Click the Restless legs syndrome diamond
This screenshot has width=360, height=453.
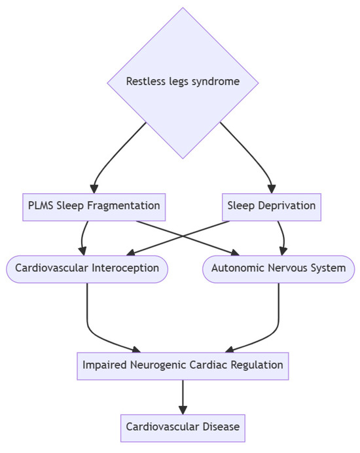coord(183,82)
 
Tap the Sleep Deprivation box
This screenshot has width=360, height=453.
coord(271,206)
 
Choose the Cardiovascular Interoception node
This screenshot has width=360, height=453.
coord(87,268)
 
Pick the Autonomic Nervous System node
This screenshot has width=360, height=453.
coord(278,268)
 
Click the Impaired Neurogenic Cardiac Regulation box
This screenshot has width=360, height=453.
coord(183,365)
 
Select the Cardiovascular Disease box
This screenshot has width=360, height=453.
coord(183,427)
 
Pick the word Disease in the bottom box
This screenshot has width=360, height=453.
coord(221,427)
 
